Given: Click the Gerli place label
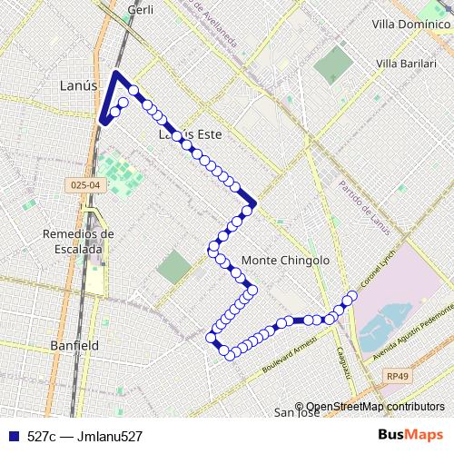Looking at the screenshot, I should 141,9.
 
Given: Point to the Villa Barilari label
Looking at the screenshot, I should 406,64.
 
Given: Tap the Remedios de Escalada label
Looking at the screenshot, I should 78,240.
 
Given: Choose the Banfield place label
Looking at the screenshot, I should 75,346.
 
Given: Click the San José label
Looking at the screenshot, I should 296,413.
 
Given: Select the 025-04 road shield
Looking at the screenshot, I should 83,185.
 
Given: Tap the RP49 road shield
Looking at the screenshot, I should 397,375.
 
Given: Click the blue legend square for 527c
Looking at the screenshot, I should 12,437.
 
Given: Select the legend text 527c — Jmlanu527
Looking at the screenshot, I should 84,437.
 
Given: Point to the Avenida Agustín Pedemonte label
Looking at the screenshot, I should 413,330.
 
